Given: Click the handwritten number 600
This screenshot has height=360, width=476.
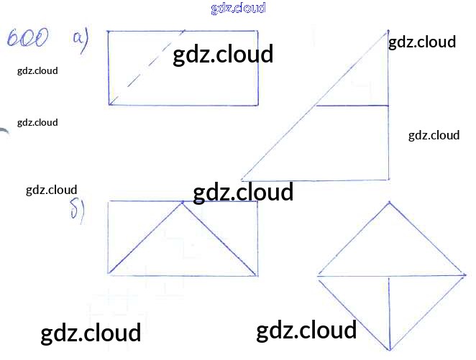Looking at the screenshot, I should [x=28, y=37].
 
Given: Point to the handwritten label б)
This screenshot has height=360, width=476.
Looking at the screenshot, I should [x=78, y=211].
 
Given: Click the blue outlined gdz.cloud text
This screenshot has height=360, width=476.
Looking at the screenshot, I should [x=238, y=8].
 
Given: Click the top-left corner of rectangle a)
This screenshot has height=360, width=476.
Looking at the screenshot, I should [x=108, y=32].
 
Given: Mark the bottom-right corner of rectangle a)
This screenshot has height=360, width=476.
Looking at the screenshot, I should [x=258, y=105].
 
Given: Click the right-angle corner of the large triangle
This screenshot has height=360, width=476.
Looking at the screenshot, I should [x=389, y=179].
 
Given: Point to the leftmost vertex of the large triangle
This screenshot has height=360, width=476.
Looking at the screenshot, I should [x=241, y=179].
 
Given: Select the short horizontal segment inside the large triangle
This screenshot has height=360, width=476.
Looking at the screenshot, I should [x=352, y=106].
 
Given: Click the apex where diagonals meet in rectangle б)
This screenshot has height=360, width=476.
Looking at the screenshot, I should [x=183, y=202].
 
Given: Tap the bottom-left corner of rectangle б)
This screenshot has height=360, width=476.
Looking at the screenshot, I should [x=108, y=274].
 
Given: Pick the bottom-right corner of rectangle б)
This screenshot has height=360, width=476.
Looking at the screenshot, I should [x=258, y=274].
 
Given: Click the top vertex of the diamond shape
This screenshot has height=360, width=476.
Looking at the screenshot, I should [x=389, y=202].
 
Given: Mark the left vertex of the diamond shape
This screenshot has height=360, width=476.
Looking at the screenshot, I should [x=317, y=276].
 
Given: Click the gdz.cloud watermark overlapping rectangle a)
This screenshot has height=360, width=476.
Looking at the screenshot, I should [x=223, y=55].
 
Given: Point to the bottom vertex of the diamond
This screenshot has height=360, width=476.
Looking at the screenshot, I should [x=389, y=348].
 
